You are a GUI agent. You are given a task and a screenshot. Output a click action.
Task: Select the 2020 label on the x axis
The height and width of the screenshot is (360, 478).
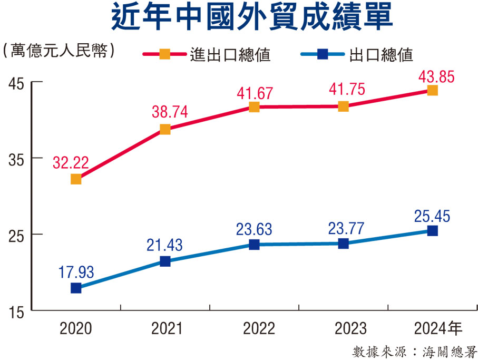76,329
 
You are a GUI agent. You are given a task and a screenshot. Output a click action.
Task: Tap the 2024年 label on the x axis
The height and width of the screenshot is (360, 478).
438,329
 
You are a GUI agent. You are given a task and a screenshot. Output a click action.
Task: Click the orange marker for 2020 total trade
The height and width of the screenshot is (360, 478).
76,179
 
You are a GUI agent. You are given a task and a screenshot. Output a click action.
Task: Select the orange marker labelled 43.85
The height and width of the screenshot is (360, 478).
432,90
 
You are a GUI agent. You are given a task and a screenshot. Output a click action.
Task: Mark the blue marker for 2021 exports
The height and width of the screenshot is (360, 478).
165,261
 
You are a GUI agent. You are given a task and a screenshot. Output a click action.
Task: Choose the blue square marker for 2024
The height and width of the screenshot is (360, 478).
432,230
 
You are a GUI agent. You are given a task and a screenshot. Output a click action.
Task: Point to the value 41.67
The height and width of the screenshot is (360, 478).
255,94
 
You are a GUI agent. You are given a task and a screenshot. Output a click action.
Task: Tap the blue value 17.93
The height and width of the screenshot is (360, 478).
76,272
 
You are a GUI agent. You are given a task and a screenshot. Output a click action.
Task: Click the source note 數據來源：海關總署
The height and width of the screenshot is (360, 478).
414,351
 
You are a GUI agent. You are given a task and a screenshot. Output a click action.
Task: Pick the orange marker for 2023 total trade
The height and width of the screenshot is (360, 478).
343,106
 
